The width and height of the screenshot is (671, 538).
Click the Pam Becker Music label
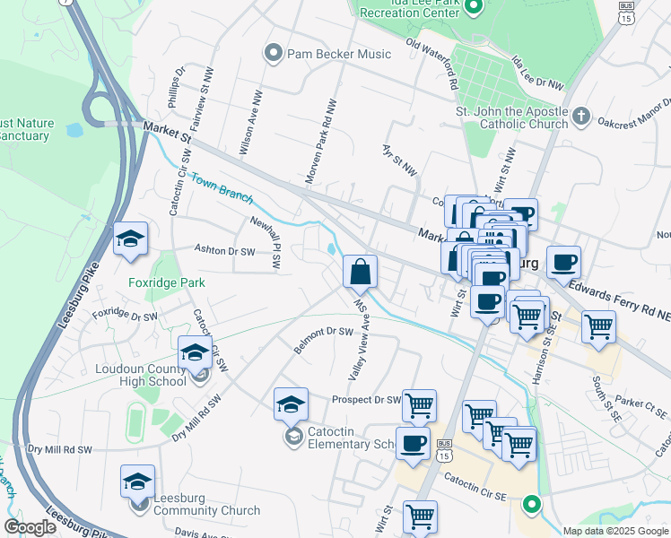pyautogui.click(x=338, y=54)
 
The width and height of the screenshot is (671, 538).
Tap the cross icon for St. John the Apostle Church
pyautogui.click(x=581, y=117)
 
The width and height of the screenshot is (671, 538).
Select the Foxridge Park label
pyautogui.click(x=166, y=282)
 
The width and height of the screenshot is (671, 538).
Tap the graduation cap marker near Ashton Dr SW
pyautogui.click(x=131, y=239)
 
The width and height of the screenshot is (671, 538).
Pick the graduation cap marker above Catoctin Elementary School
pyautogui.click(x=292, y=405)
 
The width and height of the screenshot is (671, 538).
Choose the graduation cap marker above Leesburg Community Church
pyautogui.click(x=137, y=482)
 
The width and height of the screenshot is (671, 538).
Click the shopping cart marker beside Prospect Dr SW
pyautogui.click(x=419, y=406)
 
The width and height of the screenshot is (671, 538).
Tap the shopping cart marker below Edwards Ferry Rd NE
pyautogui.click(x=598, y=326)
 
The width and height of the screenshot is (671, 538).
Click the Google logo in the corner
pyautogui.click(x=30, y=527)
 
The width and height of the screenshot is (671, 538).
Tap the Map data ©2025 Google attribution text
pyautogui.click(x=615, y=531)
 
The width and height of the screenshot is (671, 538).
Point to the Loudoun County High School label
pyautogui.click(x=144, y=377)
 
